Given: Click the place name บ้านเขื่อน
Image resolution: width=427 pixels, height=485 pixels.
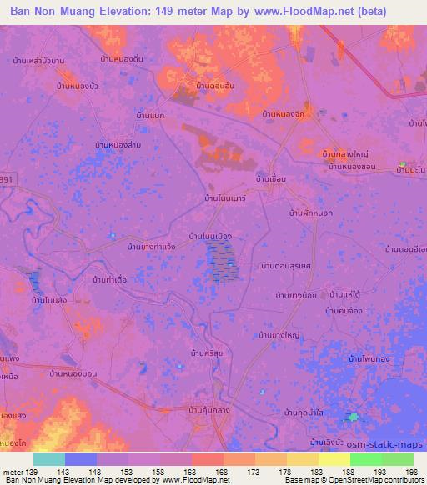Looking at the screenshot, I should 272,179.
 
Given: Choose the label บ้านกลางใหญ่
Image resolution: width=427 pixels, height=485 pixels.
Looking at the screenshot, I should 345,154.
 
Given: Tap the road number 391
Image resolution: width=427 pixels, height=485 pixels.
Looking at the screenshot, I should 6,178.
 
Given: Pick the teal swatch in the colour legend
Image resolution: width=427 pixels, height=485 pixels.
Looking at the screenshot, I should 49,459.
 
